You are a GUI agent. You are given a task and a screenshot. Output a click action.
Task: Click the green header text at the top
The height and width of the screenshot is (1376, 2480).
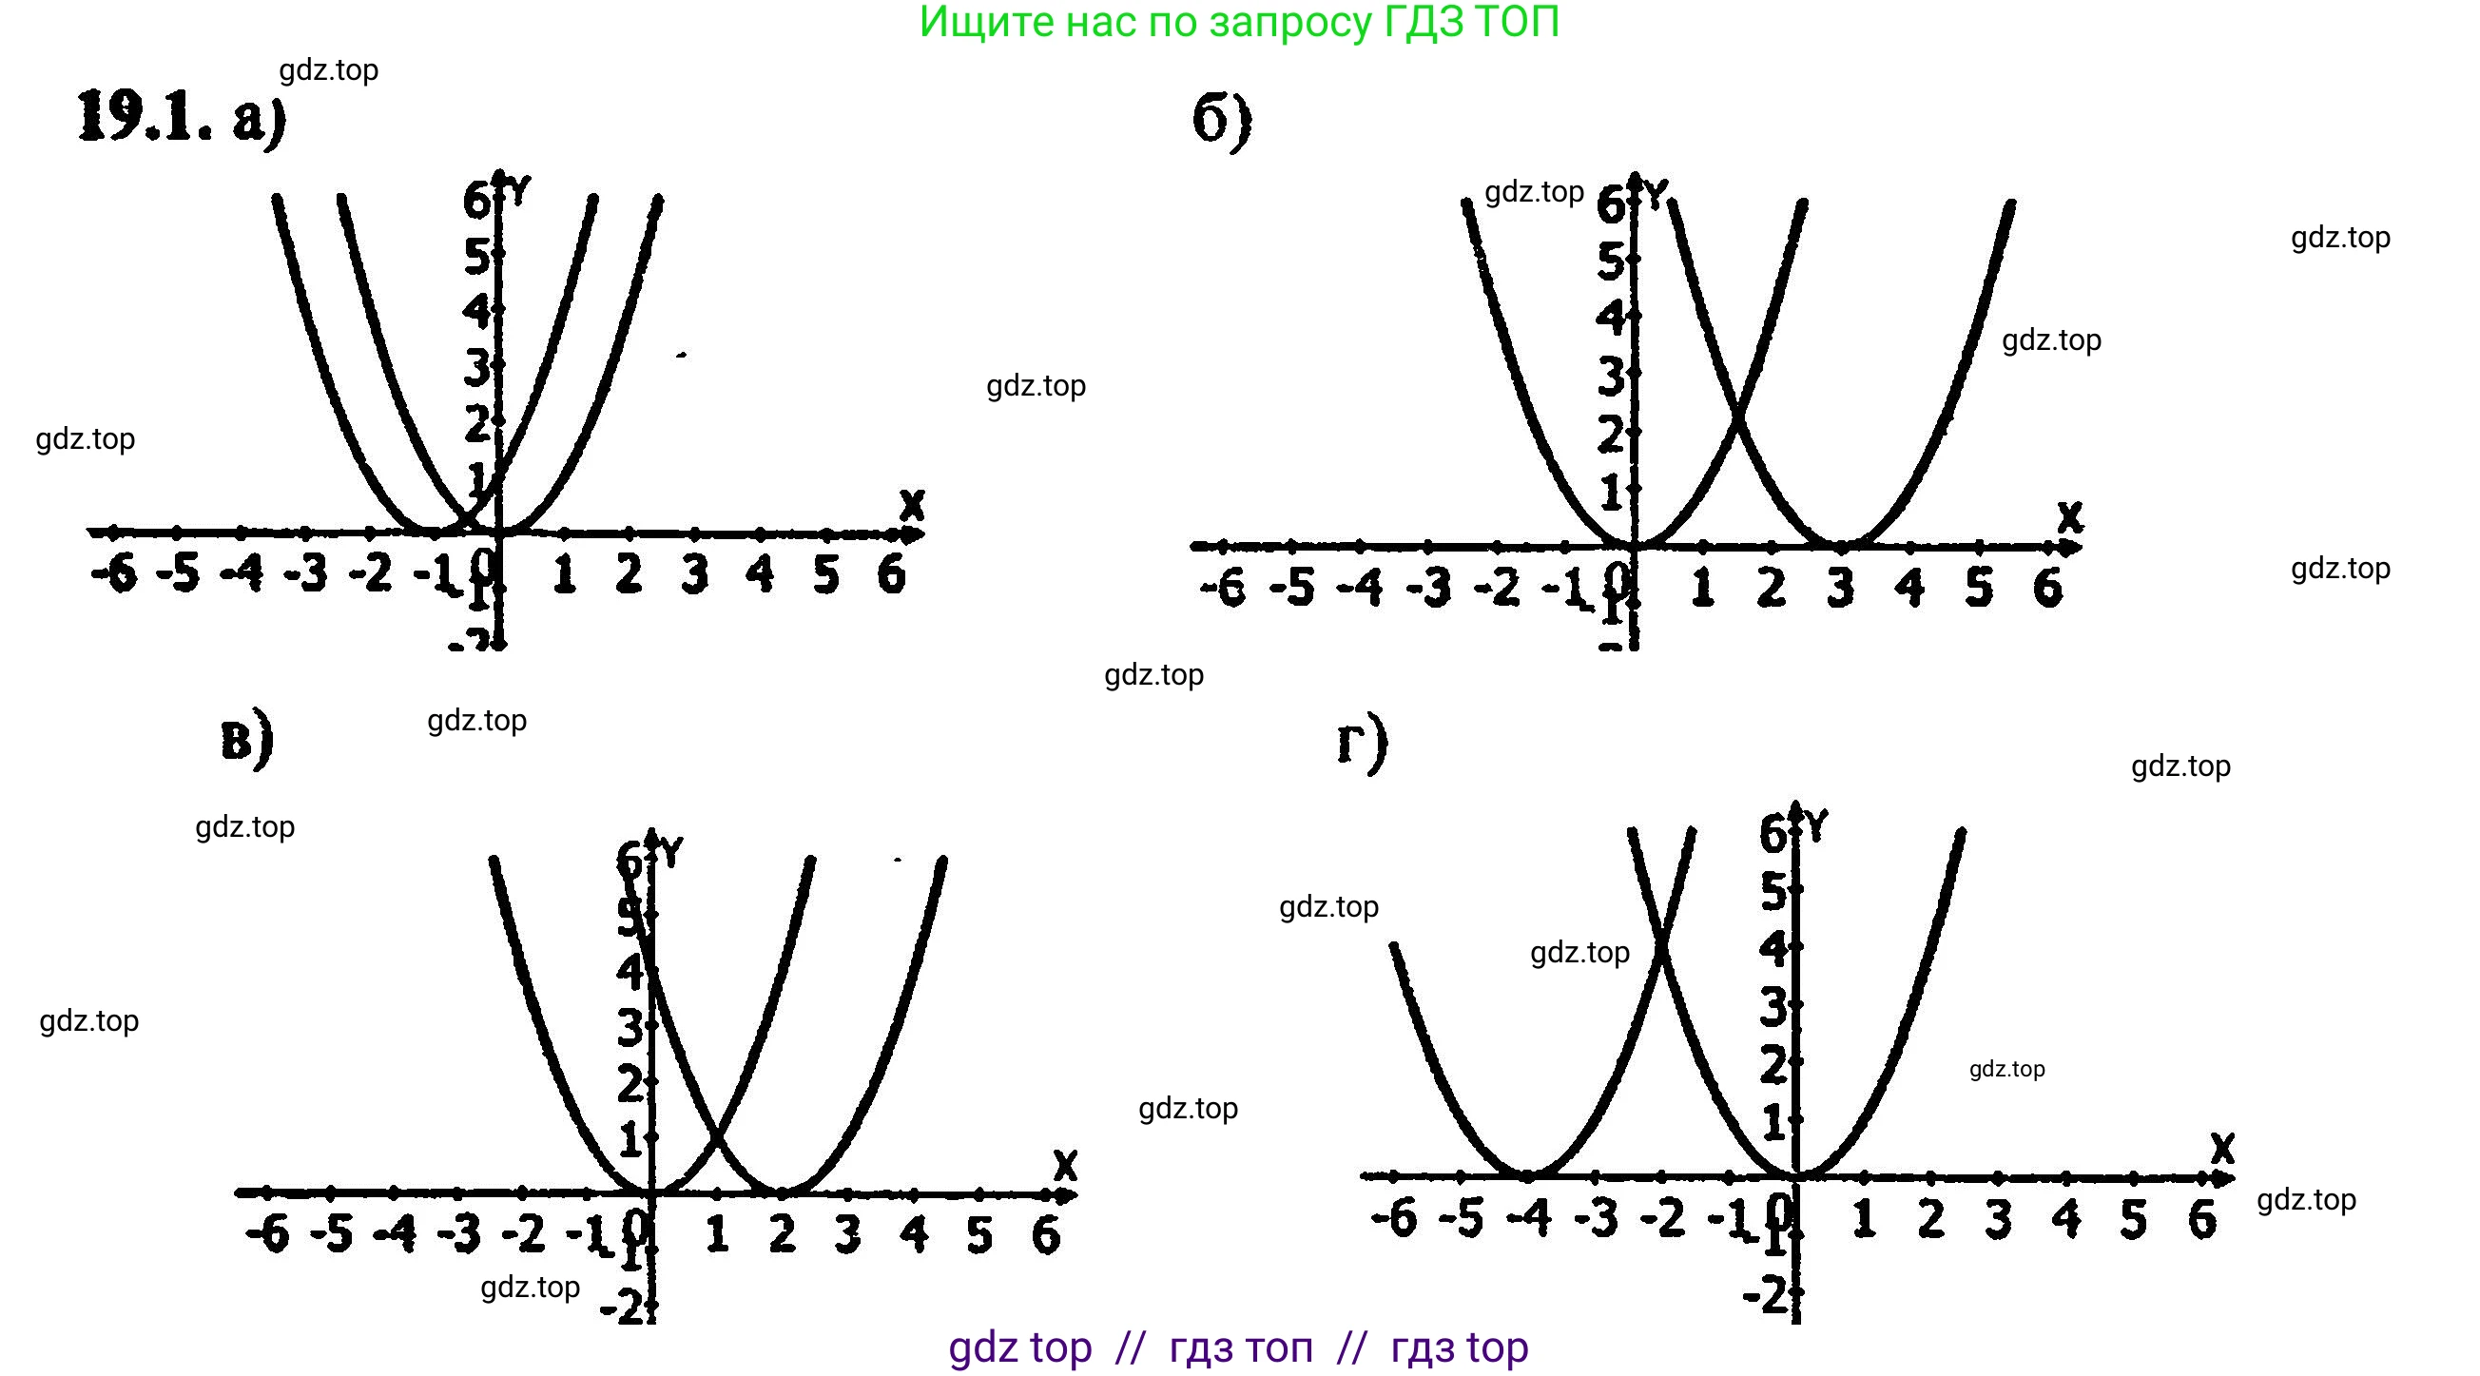coord(1239,23)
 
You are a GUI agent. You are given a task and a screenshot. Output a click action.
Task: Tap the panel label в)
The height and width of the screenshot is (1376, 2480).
coord(246,741)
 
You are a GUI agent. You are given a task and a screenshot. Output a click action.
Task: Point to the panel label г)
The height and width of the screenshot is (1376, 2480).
coord(1362,745)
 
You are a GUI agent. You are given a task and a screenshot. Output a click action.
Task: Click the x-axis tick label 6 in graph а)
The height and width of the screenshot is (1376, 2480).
coord(893,575)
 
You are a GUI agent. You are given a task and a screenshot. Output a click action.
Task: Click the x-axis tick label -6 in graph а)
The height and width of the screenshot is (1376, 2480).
coord(114,575)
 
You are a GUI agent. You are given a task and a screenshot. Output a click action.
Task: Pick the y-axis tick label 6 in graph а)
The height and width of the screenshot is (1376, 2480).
coord(475,202)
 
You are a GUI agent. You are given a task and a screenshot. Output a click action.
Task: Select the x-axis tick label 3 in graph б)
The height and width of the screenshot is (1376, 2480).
coord(1840,587)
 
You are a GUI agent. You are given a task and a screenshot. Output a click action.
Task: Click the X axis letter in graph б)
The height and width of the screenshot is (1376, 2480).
coord(2069,518)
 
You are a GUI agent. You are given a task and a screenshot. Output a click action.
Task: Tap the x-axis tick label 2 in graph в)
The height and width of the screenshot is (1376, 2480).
coord(783,1233)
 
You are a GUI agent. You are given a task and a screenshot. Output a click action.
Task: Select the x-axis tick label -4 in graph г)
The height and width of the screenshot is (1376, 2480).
coord(1529,1218)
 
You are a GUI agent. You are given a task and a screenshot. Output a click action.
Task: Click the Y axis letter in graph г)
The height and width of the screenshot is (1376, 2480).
coord(1815,826)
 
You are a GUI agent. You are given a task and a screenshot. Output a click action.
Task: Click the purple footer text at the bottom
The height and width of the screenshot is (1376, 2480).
coord(1238,1347)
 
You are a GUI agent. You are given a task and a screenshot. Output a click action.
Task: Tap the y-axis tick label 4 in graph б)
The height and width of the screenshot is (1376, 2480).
coord(1610,318)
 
